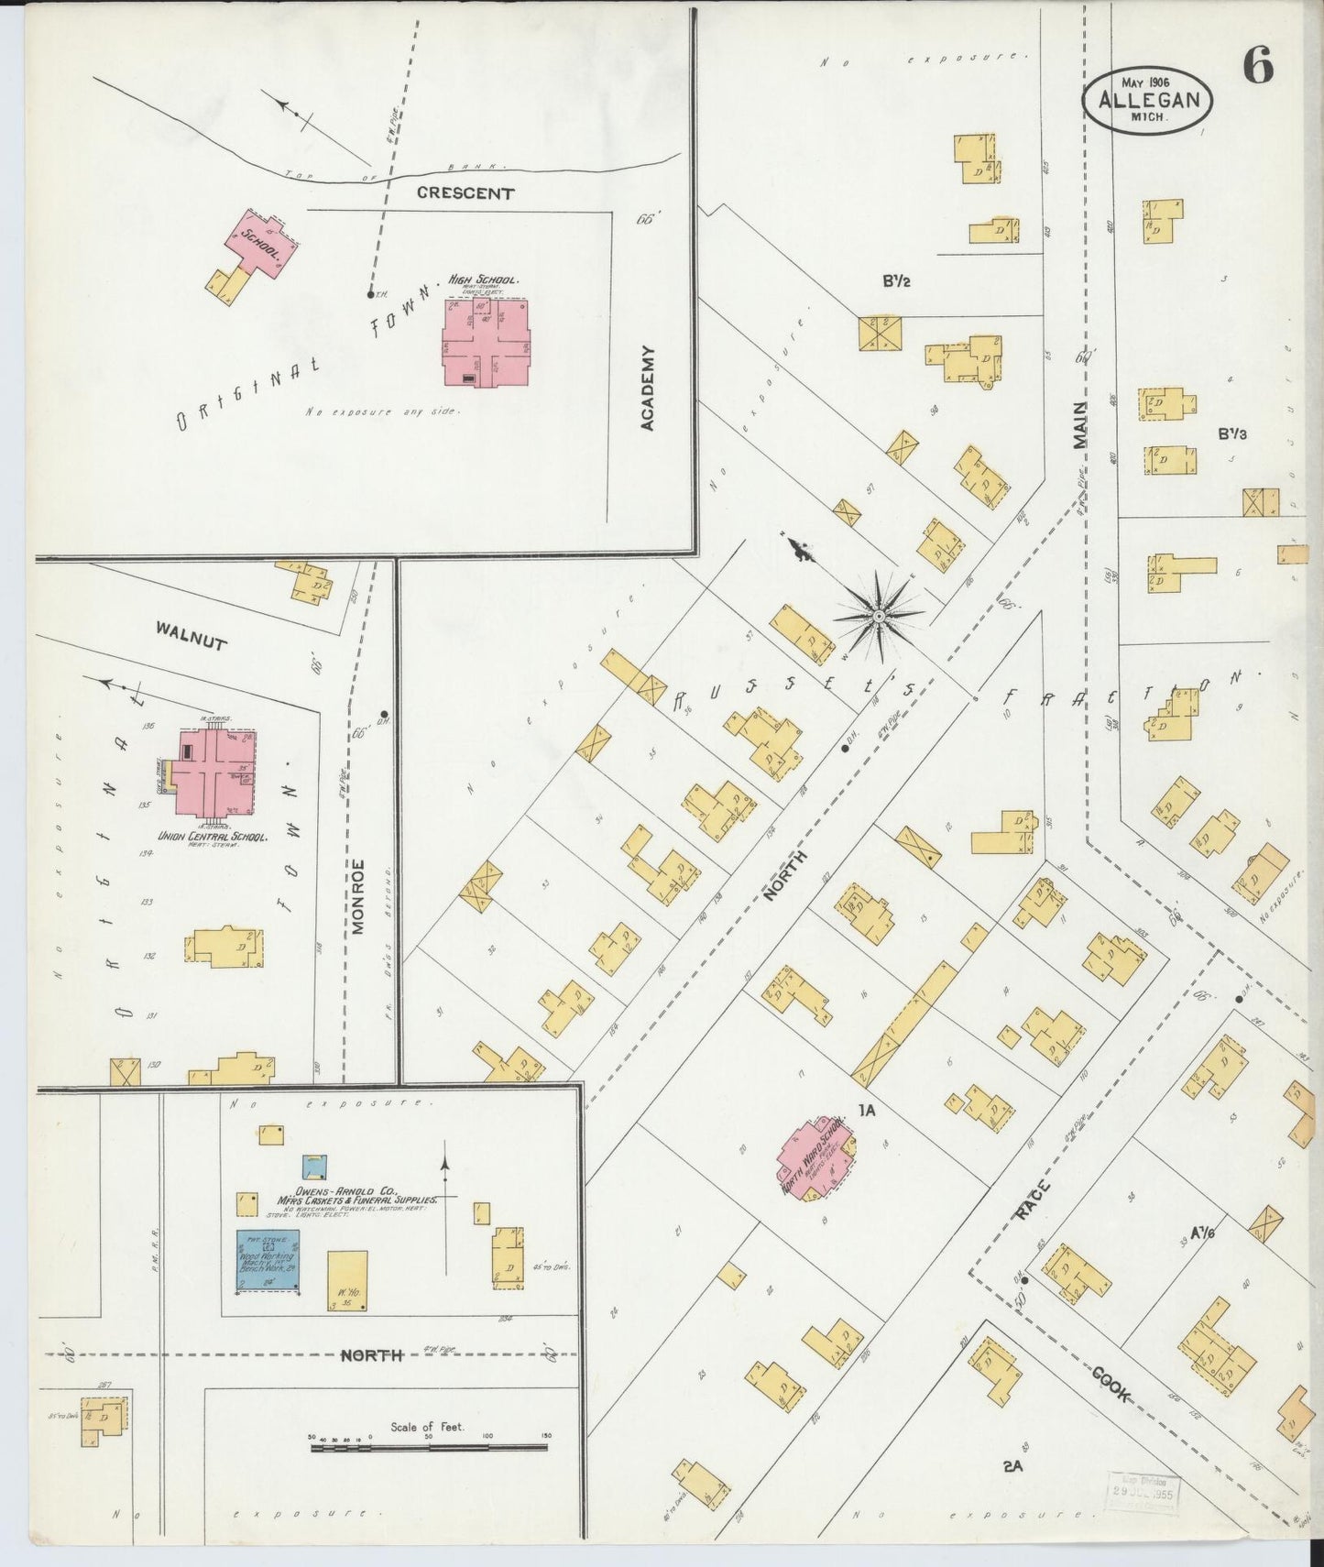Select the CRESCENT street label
(x=465, y=193)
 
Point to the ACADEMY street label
(x=649, y=388)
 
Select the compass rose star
(x=879, y=616)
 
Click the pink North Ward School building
(x=814, y=1156)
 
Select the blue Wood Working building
(x=268, y=1261)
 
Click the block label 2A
(x=1012, y=1466)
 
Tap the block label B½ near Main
(x=896, y=281)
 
